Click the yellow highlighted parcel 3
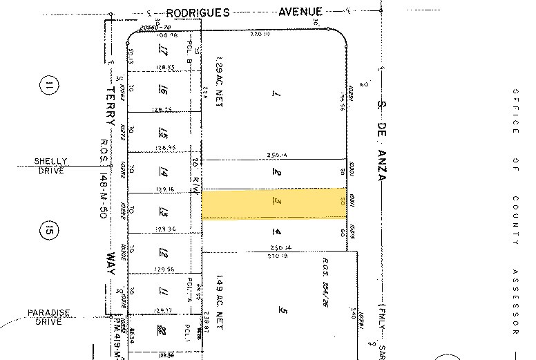274,204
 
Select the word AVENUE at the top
300,11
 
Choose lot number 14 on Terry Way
164,173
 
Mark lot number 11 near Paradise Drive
164,292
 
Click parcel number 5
283,310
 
